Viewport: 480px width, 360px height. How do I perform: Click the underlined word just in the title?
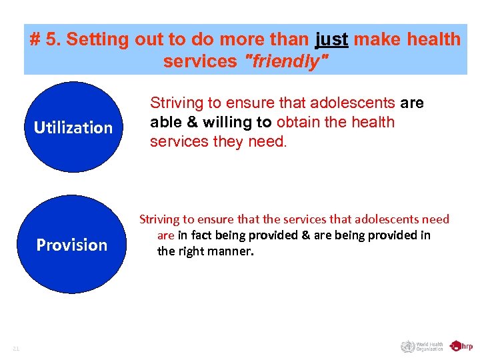331,39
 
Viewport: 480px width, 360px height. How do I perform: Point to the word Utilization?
73,127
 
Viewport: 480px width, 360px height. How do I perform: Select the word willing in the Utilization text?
223,122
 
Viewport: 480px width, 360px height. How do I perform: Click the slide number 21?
16,347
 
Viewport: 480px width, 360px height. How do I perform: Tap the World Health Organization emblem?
407,346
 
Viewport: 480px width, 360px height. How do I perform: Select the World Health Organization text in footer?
429,346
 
